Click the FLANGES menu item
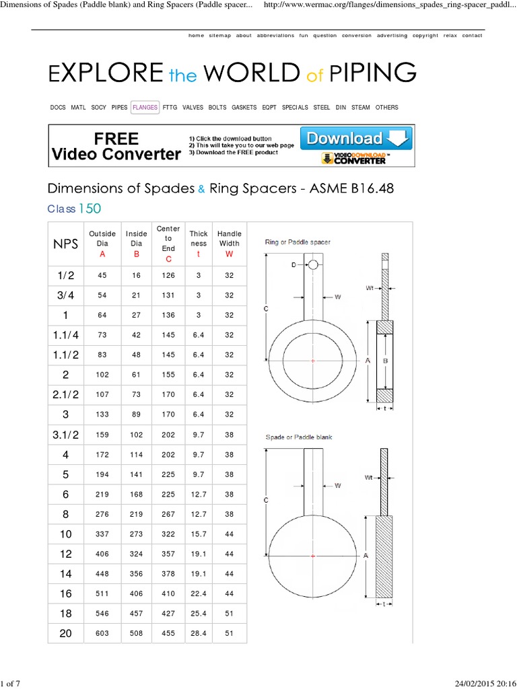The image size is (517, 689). tap(145, 107)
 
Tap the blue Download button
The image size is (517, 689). tap(356, 139)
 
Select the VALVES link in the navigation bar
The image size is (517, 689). tap(193, 107)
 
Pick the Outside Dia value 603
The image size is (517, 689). tap(102, 633)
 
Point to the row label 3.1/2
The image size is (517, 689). tap(66, 435)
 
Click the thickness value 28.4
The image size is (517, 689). tap(199, 633)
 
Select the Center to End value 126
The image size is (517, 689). tap(168, 275)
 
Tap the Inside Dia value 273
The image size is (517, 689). tap(136, 534)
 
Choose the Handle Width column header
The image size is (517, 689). tap(230, 239)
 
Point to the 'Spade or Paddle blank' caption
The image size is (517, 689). tap(299, 437)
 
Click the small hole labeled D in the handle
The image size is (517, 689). tap(313, 264)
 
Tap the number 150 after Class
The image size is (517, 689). tap(90, 209)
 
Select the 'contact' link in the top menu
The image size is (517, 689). tap(472, 36)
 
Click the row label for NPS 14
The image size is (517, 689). tap(66, 573)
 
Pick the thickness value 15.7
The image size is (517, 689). tap(199, 534)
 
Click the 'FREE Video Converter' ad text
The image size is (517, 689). tap(116, 147)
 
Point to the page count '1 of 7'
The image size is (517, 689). tap(11, 684)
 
